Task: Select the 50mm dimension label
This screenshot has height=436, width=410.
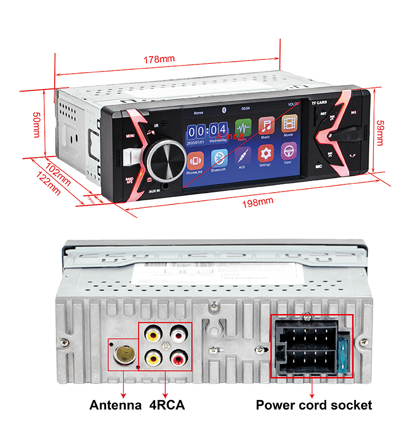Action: (37, 125)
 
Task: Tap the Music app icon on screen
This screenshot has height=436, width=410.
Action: (266, 127)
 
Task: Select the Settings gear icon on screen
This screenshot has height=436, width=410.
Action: (266, 154)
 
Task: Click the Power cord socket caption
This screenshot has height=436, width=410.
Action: (314, 405)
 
